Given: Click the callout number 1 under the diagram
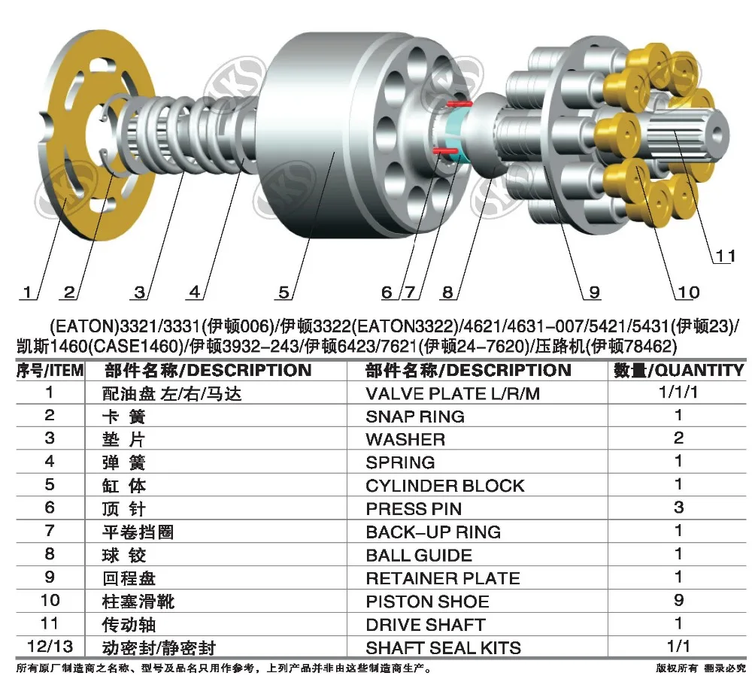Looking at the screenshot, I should pos(29,292).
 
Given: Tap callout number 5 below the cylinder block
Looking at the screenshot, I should pos(284,292).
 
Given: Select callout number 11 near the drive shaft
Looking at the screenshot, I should pos(724,256).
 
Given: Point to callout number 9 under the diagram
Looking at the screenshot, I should pos(593,292).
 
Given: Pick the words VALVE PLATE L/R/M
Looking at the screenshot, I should pos(453,393).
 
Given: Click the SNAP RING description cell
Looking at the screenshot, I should pos(414,417).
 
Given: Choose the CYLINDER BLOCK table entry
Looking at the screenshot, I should pos(444,486).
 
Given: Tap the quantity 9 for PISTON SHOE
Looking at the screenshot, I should pos(678,601).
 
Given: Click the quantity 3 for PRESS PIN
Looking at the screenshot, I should pos(678,508).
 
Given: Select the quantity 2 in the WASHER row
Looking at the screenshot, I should pos(678,438).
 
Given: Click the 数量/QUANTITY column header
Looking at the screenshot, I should pos(678,370).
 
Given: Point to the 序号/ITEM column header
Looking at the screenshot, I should pos(50,370).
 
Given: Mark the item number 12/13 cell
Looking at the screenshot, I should pos(50,647).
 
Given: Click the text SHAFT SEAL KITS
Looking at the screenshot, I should pos(443,647).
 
